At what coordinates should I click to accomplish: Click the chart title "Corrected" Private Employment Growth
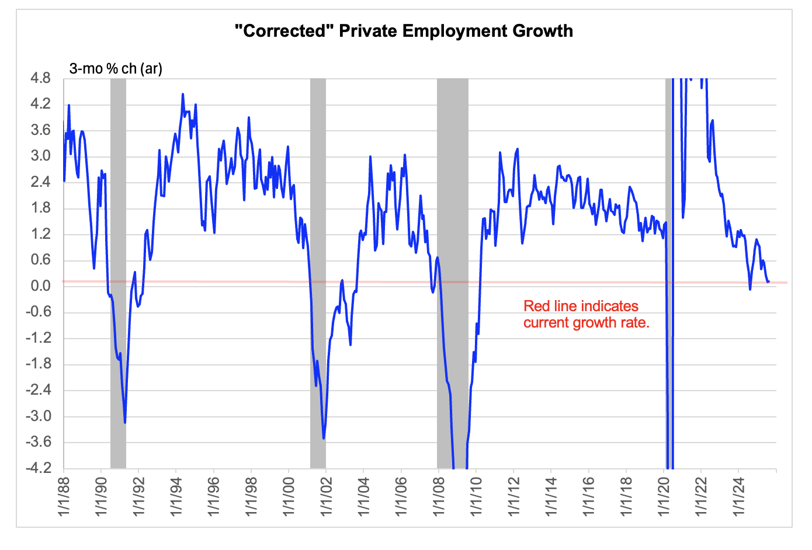click(404, 31)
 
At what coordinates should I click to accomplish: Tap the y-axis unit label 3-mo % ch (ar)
click(116, 68)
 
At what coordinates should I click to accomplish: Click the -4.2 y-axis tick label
click(37, 468)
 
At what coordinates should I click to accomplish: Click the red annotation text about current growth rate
click(586, 314)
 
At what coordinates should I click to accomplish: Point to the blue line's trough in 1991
click(125, 422)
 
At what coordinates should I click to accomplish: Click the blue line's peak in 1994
click(183, 94)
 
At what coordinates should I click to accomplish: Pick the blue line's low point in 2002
click(324, 438)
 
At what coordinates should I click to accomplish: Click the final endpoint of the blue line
click(769, 281)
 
